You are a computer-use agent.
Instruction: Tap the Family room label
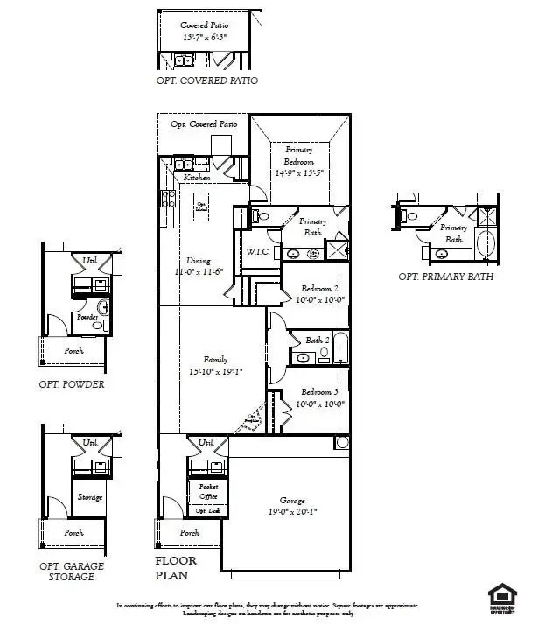pos(215,360)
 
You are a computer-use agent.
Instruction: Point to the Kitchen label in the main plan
pos(197,179)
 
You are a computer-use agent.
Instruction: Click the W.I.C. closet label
pos(257,252)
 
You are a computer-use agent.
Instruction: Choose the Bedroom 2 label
pos(321,289)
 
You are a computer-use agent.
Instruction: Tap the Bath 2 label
pos(317,341)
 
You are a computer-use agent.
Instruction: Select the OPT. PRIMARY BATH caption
pos(445,277)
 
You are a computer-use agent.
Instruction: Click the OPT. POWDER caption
pos(72,384)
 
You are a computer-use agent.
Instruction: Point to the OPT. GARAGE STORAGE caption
pos(72,572)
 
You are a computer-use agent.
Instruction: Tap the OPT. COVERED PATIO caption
pos(206,81)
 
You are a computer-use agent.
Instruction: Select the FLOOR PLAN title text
pos(176,568)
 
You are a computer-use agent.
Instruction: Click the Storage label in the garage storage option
pos(90,497)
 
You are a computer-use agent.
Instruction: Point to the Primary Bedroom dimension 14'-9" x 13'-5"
pos(298,173)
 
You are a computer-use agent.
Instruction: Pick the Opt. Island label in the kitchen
pos(200,206)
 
